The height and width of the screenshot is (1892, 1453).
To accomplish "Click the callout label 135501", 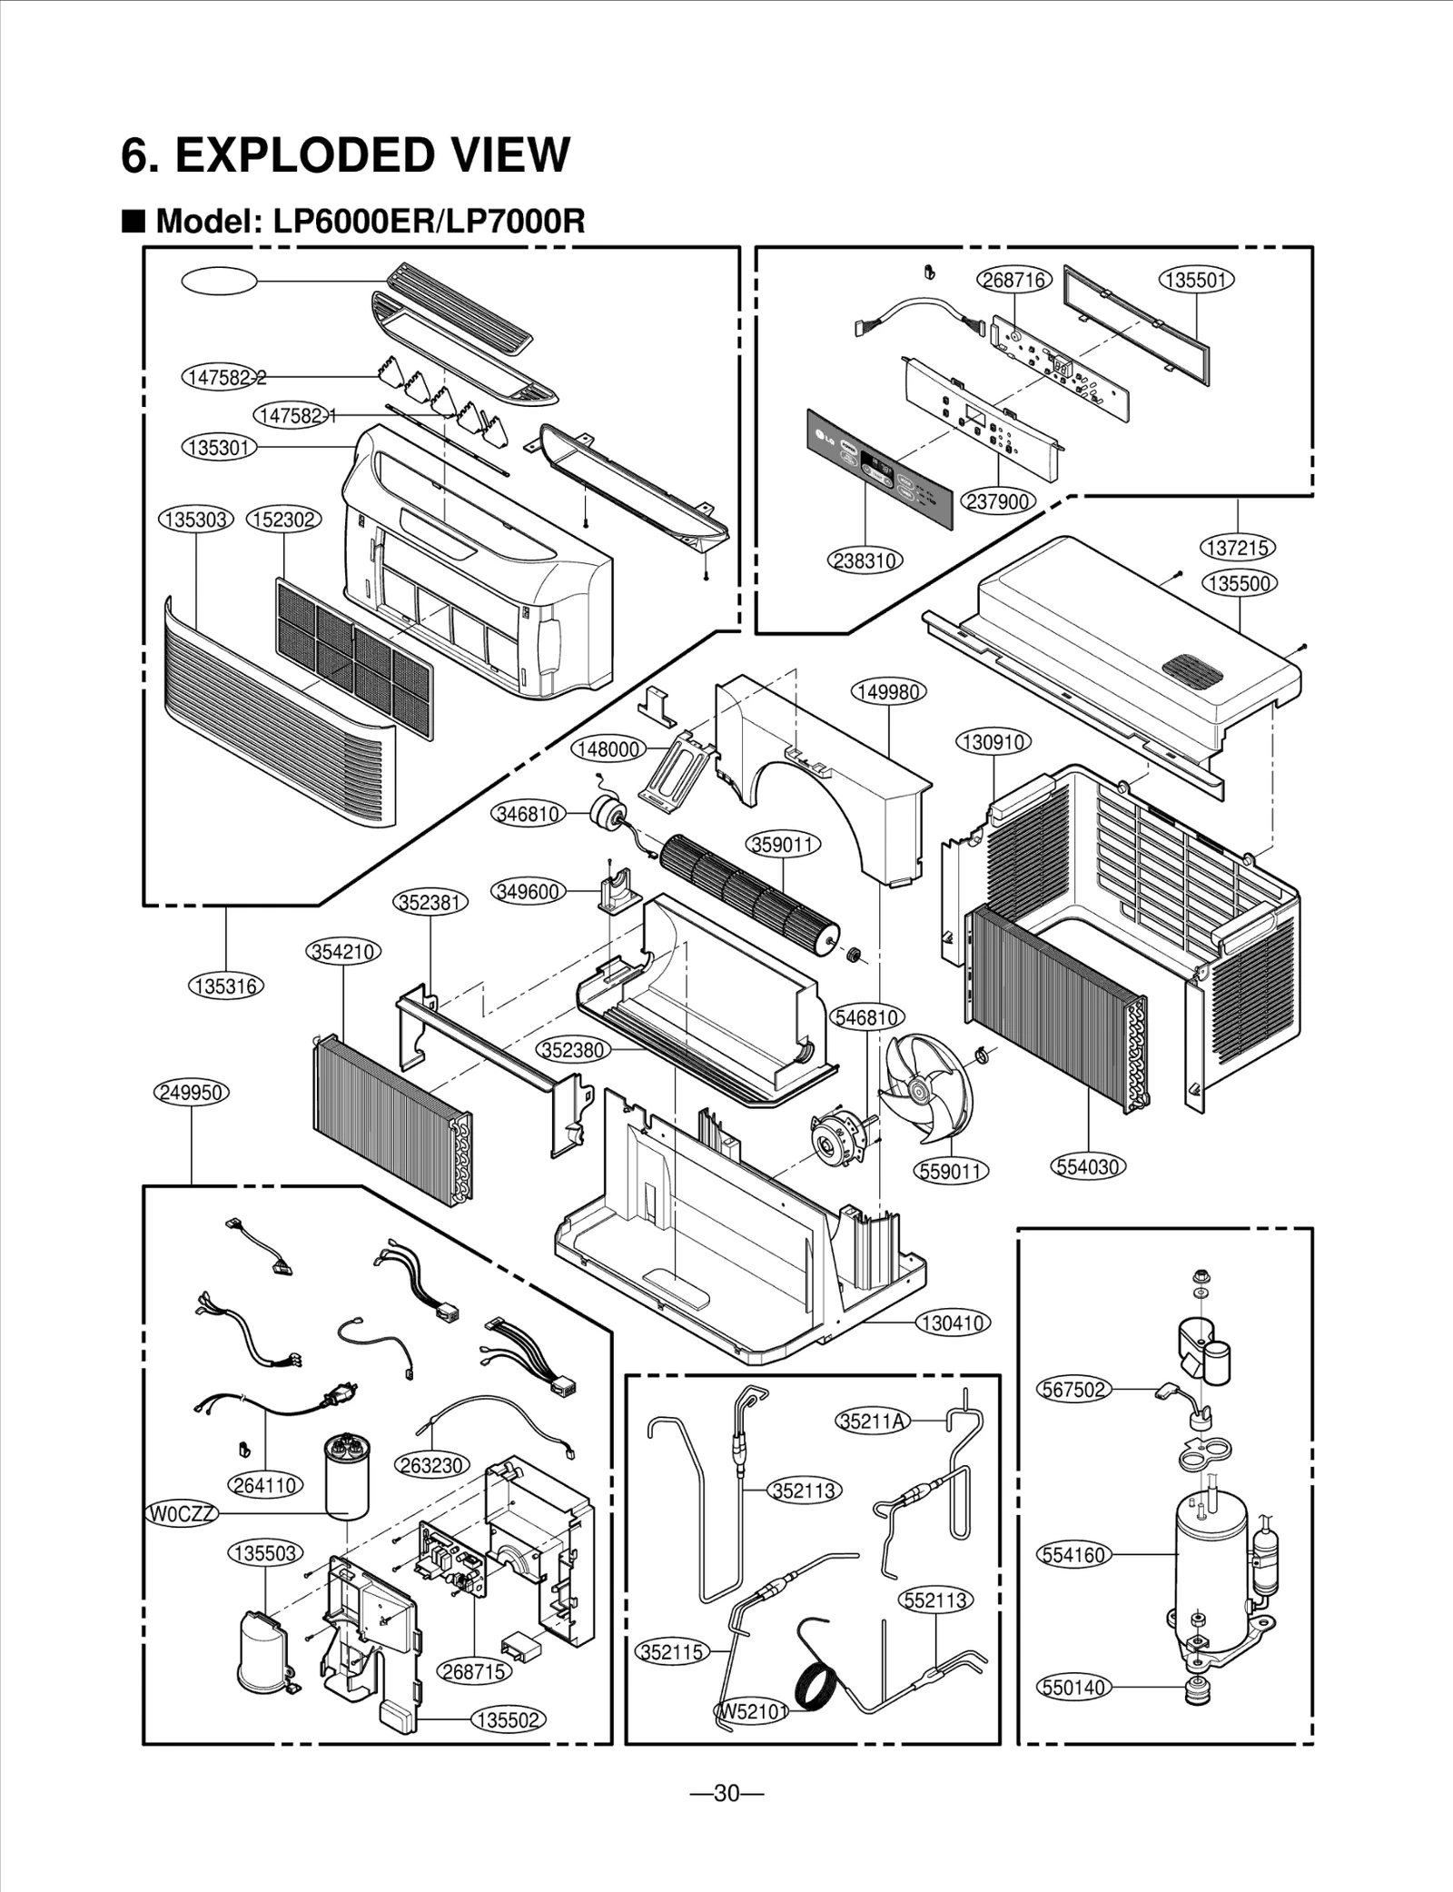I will coord(1196,280).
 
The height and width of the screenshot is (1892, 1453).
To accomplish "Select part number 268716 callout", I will coord(1013,280).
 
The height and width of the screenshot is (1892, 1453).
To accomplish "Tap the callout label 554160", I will coord(1074,1554).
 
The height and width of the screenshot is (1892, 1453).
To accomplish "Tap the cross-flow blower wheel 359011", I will coord(748,891).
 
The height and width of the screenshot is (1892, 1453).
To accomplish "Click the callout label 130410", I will coord(952,1323).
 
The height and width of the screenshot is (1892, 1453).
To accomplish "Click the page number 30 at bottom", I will coord(726,1794).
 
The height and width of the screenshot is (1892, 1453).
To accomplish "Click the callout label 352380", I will coord(572,1050).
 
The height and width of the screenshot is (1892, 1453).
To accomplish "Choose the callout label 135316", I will coord(225,986).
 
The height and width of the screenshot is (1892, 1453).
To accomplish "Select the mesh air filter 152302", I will coord(354,658).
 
